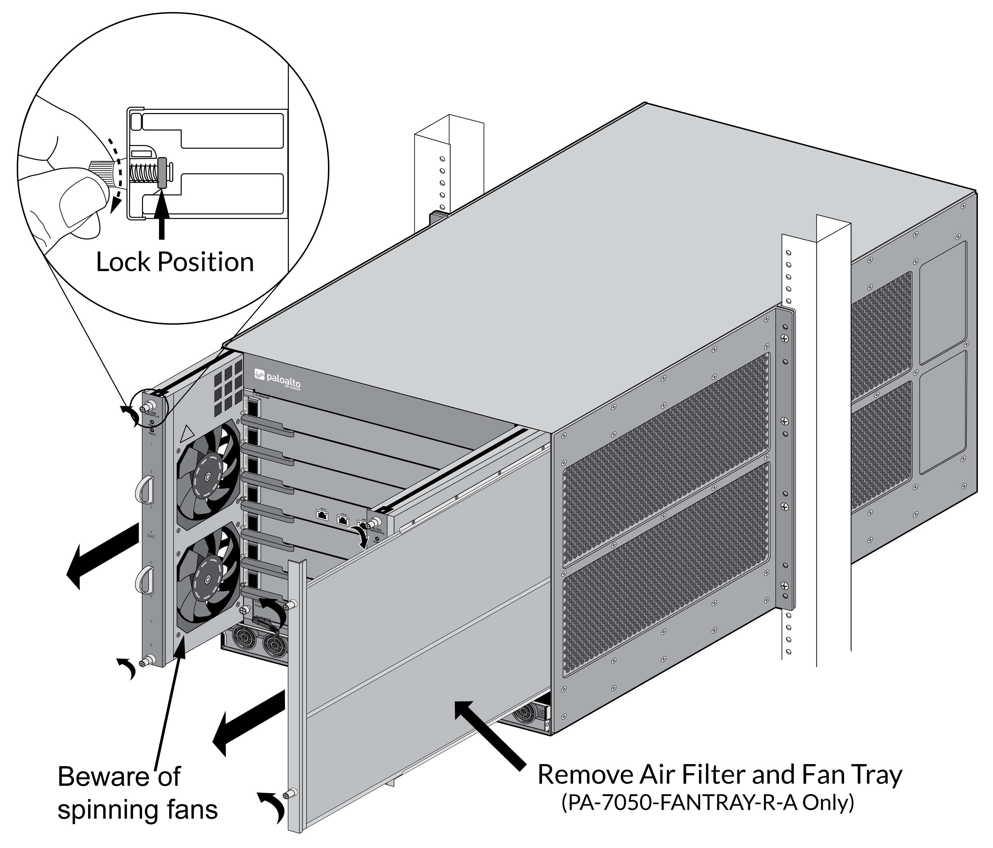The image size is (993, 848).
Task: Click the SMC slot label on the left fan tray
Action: (151, 537)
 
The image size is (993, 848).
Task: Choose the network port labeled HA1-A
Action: (322, 514)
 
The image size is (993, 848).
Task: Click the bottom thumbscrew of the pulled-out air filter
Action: (290, 794)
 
